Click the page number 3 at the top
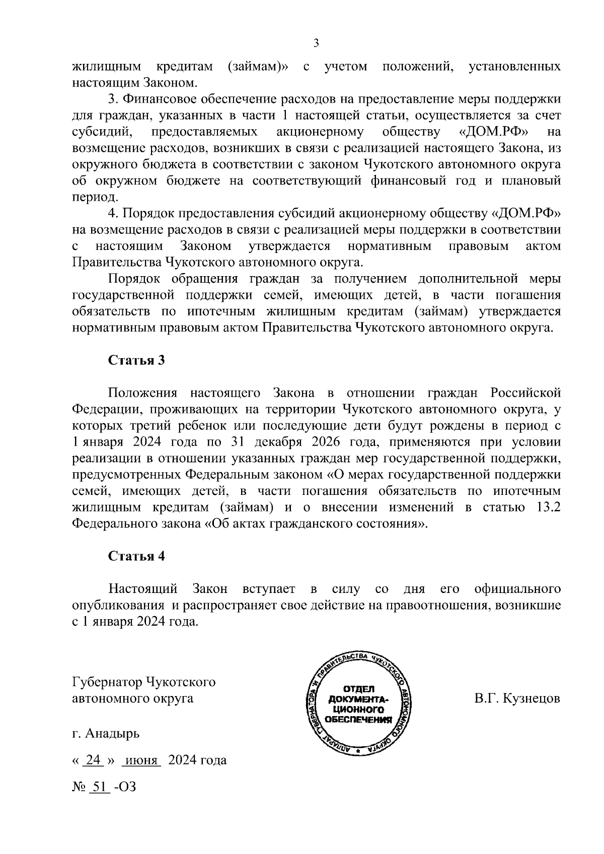[x=316, y=43]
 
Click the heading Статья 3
[x=136, y=361]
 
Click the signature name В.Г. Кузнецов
[x=517, y=699]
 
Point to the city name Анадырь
[x=113, y=734]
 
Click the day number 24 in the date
[x=93, y=760]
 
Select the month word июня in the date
[x=141, y=760]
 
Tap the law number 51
[x=99, y=786]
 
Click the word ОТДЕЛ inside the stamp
[x=358, y=689]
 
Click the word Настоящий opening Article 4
[x=143, y=588]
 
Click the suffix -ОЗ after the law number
[x=125, y=786]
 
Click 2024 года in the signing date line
[x=197, y=760]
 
